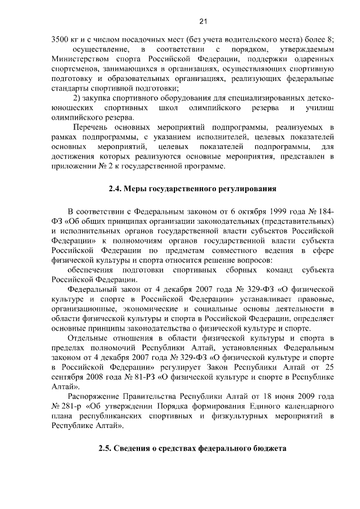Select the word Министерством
(77, 58)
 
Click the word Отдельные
(89, 338)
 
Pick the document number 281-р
(72, 407)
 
